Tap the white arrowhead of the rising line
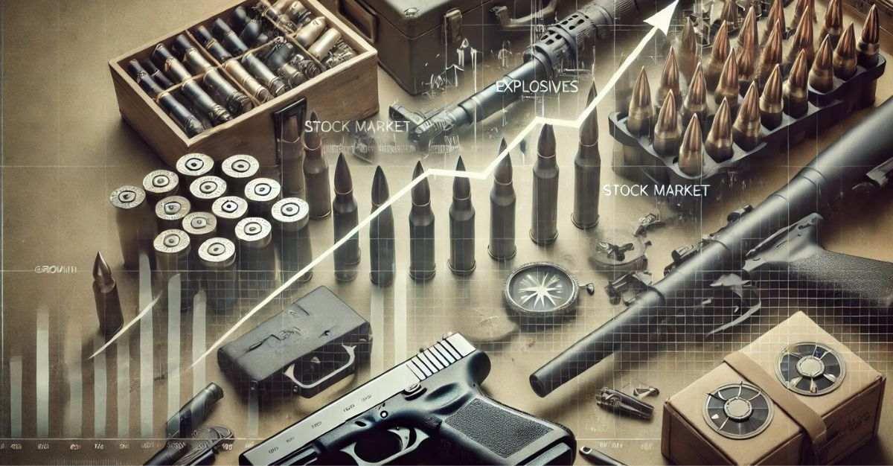tap(665, 13)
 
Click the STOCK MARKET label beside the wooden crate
tap(356, 127)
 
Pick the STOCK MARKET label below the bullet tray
tap(655, 191)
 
